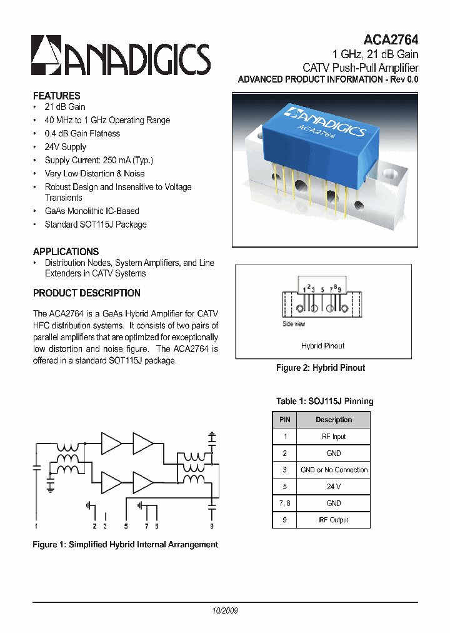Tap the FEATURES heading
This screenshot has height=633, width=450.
click(56, 96)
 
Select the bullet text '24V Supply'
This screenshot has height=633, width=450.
click(65, 147)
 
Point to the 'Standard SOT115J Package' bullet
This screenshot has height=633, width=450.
click(96, 224)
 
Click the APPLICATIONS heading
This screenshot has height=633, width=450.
click(66, 251)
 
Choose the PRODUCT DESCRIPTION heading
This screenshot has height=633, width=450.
click(86, 293)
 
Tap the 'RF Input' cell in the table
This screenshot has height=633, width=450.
click(334, 437)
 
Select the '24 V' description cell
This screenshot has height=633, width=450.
click(334, 487)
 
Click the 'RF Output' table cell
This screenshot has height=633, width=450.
click(334, 520)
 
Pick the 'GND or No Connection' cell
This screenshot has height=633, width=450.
click(334, 470)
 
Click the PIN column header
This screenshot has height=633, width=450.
click(285, 420)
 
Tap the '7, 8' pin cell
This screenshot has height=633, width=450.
click(285, 503)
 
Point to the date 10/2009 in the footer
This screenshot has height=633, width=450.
click(225, 610)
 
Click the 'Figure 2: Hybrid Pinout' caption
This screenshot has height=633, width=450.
click(321, 368)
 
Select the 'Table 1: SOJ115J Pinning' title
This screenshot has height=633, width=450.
click(324, 401)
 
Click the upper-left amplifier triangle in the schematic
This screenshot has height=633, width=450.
click(111, 443)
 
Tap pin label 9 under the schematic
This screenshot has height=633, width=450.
click(212, 526)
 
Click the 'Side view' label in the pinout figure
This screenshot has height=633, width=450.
click(294, 323)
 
